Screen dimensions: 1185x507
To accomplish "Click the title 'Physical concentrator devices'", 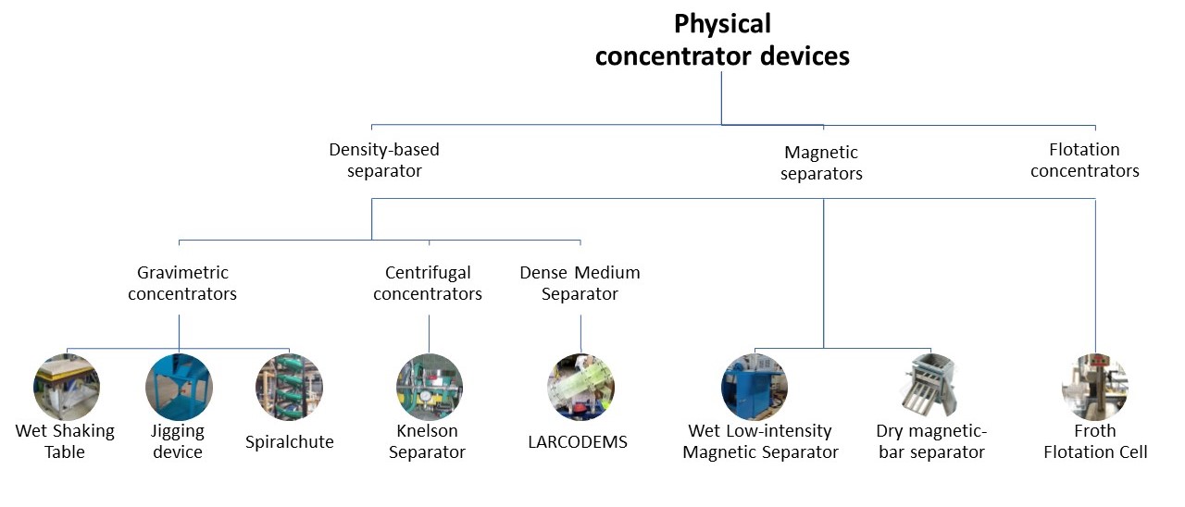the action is pos(722,40).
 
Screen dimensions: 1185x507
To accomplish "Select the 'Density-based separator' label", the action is pos(384,160).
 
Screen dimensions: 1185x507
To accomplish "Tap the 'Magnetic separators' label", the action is pos(821,163).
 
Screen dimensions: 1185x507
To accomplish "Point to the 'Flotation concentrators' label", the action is pos(1084,160).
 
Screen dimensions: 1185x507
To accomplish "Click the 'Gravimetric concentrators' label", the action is pos(182,283).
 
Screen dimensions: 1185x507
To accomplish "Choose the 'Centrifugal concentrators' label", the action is pos(428,283).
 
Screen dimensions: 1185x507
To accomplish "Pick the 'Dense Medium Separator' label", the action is pos(580,283).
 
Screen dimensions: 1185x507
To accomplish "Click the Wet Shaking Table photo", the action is pos(67,387).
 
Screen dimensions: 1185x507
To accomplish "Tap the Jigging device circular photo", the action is pos(179,387).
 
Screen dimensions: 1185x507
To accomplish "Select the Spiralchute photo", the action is pos(289,387).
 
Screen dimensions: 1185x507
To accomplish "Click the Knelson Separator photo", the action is pos(429,387).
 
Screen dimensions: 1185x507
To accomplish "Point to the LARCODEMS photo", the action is pos(580,387).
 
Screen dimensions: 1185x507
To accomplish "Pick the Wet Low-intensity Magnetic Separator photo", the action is pos(755,387).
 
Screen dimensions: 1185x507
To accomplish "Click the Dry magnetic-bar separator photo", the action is pos(930,385).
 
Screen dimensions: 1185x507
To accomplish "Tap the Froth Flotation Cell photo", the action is pos(1095,387).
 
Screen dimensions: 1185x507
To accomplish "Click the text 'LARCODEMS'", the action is pos(578,441).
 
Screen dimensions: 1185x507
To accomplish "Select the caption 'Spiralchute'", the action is pos(290,442).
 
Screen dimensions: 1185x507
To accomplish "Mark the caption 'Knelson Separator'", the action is pos(427,441).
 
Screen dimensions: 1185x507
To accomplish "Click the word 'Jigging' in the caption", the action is pos(177,432).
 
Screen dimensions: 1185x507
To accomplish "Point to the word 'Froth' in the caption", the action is pos(1095,431).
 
